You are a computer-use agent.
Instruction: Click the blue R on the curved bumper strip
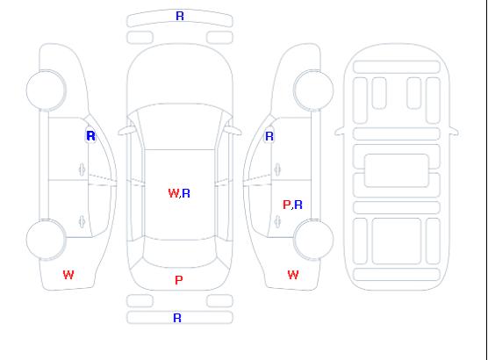point(180,16)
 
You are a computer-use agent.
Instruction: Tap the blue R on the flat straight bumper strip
point(177,318)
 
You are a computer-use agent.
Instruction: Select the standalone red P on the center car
point(179,280)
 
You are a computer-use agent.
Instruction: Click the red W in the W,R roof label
point(174,193)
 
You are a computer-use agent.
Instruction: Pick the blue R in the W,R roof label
point(186,193)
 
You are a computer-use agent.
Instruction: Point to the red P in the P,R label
point(286,205)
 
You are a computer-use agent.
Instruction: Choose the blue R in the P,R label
point(298,205)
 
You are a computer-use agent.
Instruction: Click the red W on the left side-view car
point(68,275)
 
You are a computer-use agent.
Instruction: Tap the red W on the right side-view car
point(293,275)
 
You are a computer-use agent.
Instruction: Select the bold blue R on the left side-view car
point(90,136)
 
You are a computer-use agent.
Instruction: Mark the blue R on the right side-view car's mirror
point(269,136)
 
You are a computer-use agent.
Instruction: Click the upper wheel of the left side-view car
point(46,90)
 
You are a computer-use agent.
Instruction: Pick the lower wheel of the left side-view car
point(46,240)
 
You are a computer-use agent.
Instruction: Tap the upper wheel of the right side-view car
point(313,90)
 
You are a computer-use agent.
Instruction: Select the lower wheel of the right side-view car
point(313,240)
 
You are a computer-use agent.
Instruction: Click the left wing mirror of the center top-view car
point(126,131)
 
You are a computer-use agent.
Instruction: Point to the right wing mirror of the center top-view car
point(233,131)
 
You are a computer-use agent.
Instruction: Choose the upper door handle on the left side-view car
point(83,169)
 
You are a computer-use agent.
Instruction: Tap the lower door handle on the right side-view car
point(277,221)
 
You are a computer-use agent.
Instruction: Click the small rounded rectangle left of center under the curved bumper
point(140,38)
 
